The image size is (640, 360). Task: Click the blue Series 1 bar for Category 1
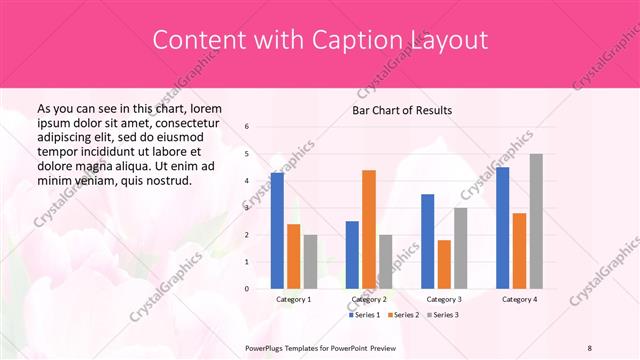277,231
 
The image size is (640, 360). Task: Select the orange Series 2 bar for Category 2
368,229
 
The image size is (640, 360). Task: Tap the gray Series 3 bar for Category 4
535,221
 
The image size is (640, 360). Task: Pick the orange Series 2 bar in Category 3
443,264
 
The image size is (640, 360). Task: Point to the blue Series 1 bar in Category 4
502,228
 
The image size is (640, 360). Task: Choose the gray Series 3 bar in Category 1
310,262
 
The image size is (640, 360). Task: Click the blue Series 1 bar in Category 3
427,241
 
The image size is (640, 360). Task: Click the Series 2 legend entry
403,315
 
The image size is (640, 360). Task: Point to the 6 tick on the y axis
247,127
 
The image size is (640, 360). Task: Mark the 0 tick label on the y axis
247,289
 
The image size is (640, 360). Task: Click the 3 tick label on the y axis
247,208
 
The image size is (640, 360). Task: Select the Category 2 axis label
368,299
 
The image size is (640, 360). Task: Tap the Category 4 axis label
519,299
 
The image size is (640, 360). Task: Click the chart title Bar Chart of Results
402,109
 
